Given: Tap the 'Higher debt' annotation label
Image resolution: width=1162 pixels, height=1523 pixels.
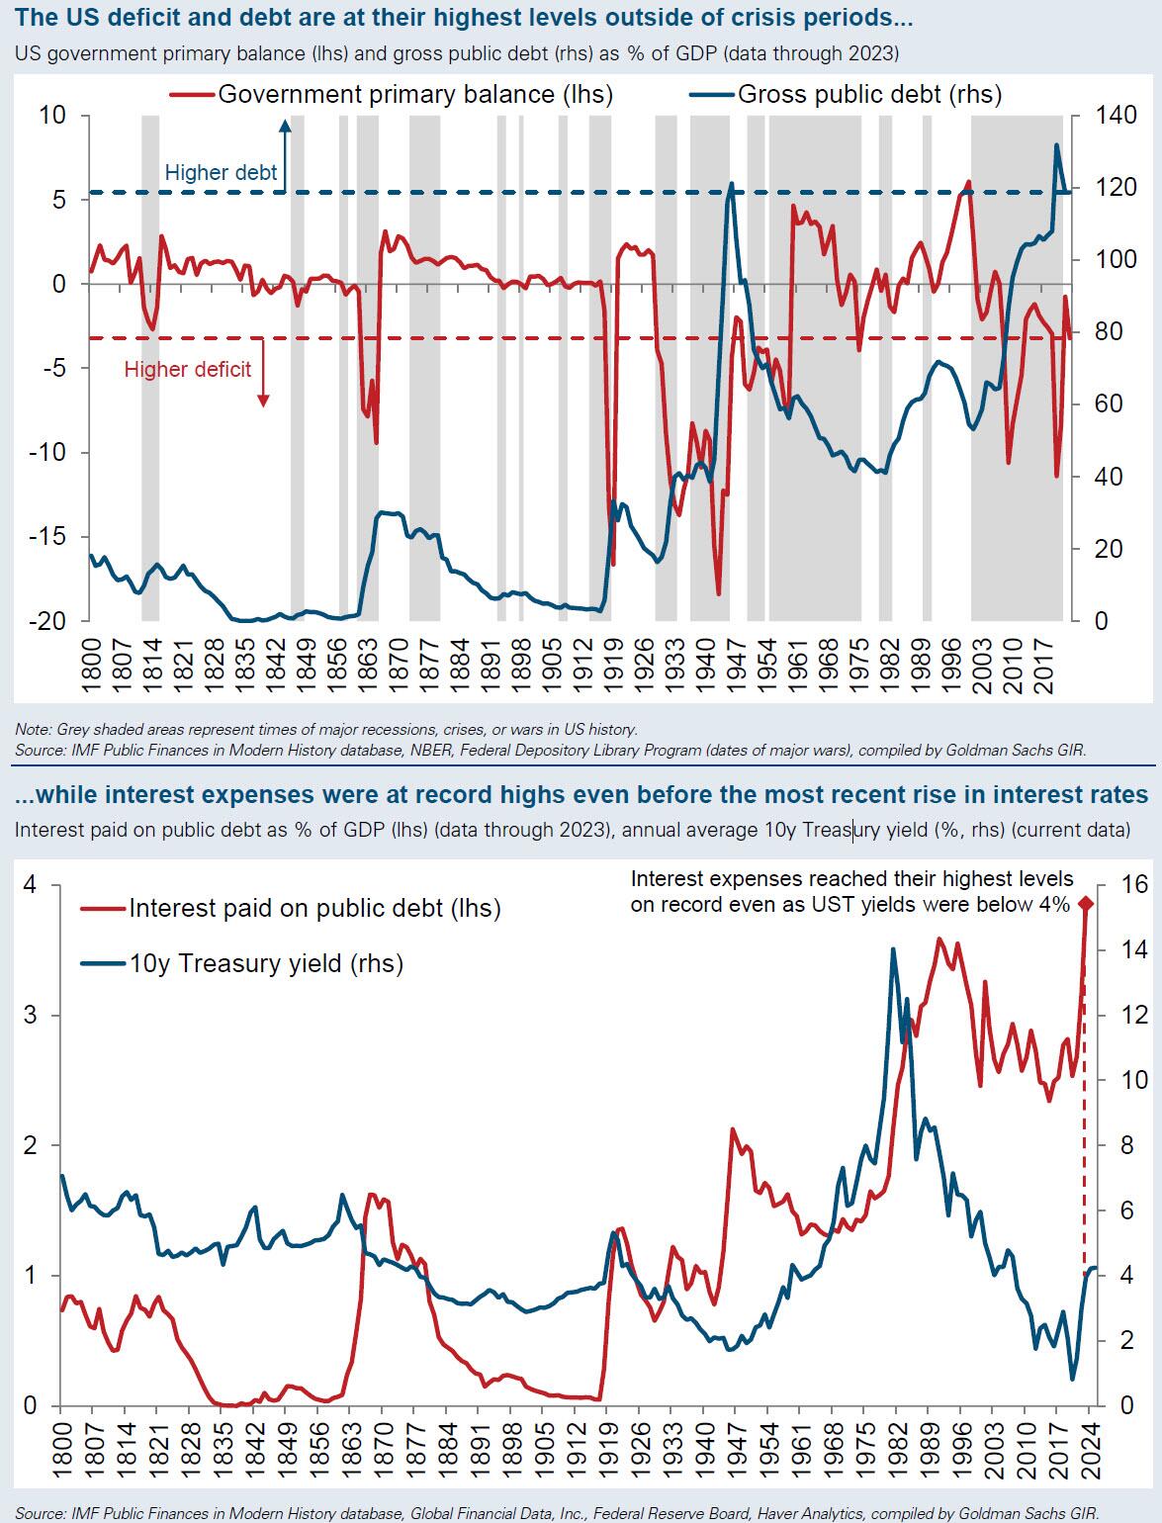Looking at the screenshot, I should (222, 173).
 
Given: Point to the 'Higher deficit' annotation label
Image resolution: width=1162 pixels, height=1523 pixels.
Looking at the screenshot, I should (188, 370).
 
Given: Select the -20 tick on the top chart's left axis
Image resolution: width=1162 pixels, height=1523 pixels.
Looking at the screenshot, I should (45, 621).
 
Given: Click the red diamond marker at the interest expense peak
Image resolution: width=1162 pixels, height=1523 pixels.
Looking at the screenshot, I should (1084, 903).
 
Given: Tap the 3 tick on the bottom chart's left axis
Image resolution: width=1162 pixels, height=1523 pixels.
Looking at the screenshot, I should (30, 1016).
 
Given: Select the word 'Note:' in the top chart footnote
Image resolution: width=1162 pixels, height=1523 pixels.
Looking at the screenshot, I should (33, 729).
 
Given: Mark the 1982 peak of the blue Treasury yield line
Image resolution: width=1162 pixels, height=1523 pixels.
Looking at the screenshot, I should (893, 949).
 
